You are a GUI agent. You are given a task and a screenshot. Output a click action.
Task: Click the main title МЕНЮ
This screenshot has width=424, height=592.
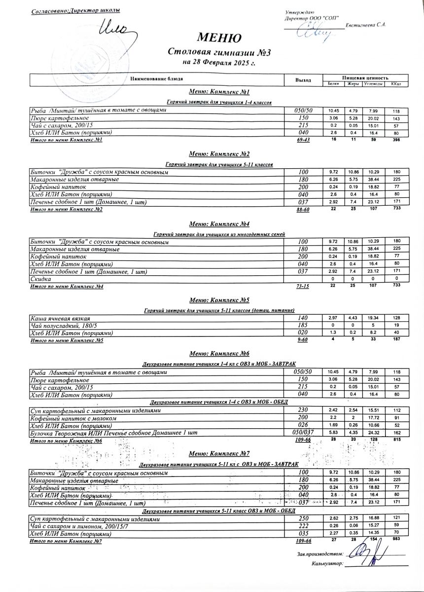coord(219,37)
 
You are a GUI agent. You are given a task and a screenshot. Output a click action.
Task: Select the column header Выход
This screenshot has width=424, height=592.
coord(303,79)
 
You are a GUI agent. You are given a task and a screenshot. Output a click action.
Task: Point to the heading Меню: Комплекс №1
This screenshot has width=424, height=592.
coord(219,92)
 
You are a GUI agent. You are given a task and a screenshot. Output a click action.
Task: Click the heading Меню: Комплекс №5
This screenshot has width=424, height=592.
coord(219,300)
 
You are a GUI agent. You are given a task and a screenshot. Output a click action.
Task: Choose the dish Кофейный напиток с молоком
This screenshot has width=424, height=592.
coord(73,418)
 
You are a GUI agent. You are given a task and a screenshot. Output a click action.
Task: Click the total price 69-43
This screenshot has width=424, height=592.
coord(303,141)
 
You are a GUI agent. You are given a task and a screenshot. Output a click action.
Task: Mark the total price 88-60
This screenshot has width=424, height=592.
coord(303,210)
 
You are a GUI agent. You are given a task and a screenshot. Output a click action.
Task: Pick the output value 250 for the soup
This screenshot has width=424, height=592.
coord(303,519)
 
